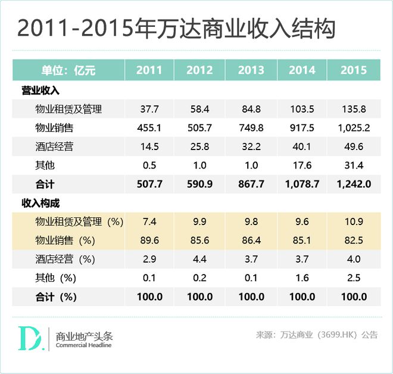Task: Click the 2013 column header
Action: [x=251, y=71]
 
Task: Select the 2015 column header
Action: [x=353, y=71]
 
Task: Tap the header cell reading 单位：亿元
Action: [x=68, y=71]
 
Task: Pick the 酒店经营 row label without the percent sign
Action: [x=54, y=147]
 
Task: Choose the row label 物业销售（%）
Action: [x=65, y=241]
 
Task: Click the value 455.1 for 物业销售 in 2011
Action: [x=149, y=128]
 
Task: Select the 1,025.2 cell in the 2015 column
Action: [x=353, y=128]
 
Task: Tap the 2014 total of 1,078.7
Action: [x=302, y=185]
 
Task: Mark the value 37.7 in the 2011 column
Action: [x=149, y=109]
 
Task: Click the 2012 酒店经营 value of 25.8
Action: [x=199, y=147]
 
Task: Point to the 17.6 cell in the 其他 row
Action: [x=302, y=166]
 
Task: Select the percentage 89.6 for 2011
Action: [x=149, y=241]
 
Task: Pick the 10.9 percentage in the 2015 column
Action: [x=353, y=222]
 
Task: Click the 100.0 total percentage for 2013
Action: [x=251, y=297]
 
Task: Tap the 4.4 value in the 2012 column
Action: [x=199, y=259]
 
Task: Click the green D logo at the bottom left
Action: [x=29, y=338]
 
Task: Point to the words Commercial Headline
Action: [x=83, y=345]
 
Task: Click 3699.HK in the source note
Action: [x=336, y=335]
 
